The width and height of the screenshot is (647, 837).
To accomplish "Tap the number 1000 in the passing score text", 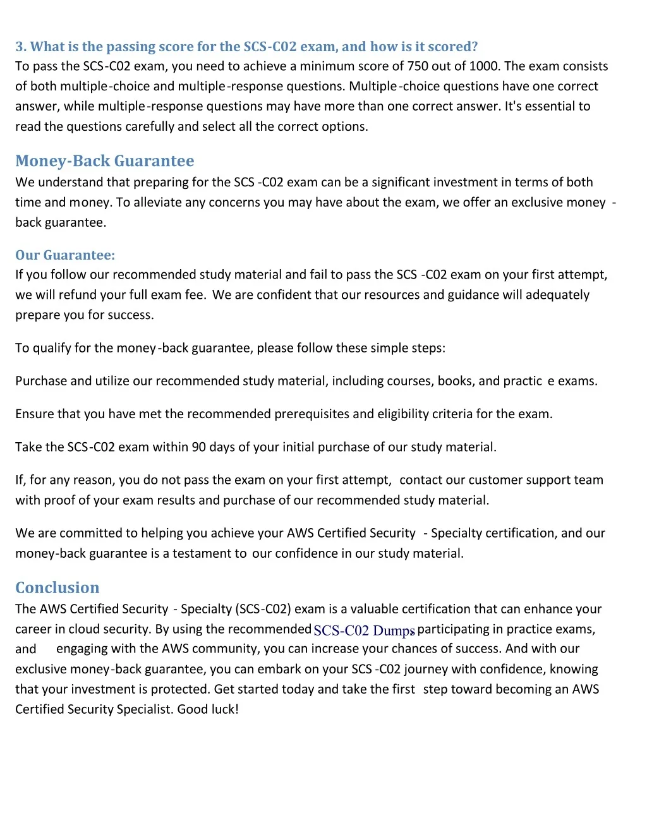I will coord(483,66).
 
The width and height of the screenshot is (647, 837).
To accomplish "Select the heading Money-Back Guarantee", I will coord(105,161).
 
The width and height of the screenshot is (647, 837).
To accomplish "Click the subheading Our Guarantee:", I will coord(65,255).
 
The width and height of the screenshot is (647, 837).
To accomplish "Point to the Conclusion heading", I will coord(57,587).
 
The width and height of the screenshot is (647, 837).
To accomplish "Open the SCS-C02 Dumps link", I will coord(364,630).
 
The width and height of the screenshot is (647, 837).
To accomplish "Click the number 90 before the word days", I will coord(198,447).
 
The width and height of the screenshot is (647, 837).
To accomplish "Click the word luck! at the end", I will coord(224,709).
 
